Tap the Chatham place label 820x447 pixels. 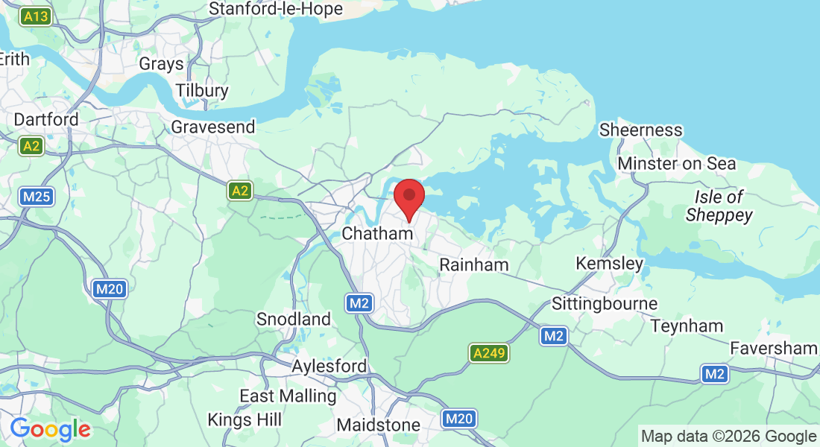(377, 233)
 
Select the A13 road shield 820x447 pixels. (35, 16)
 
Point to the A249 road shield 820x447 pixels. (489, 354)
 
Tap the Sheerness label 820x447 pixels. (641, 130)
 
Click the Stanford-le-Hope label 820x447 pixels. (276, 9)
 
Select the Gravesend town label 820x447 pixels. (213, 127)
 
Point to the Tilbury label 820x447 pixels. (202, 91)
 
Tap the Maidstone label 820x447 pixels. (379, 425)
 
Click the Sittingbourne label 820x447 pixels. (605, 303)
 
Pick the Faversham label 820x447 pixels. (773, 348)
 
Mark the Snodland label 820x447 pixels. (294, 319)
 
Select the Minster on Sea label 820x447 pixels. (677, 163)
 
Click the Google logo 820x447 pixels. (50, 429)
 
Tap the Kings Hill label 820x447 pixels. (245, 420)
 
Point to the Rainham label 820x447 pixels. (474, 264)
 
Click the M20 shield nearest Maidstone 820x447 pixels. (458, 419)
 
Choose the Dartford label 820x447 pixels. (46, 119)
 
